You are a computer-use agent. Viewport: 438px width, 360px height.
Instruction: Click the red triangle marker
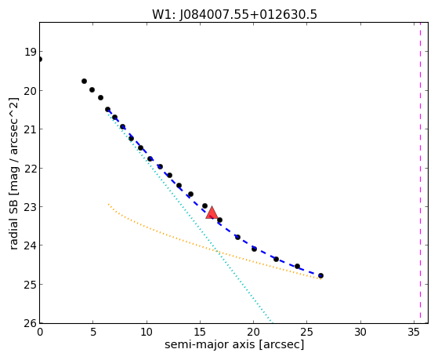point(212,213)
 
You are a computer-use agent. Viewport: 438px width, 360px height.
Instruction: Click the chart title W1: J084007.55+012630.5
point(234,14)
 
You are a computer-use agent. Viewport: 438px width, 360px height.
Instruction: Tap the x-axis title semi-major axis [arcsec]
point(234,344)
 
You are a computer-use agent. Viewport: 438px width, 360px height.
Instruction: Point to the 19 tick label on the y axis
point(31,52)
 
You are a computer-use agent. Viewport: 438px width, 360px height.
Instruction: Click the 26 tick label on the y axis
point(31,324)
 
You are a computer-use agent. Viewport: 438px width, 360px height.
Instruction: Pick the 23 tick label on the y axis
point(31,207)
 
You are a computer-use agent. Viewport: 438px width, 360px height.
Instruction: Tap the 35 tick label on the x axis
point(414,333)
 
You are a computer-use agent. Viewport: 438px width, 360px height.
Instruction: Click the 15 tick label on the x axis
point(200,333)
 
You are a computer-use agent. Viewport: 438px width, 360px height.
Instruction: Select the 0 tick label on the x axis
point(40,333)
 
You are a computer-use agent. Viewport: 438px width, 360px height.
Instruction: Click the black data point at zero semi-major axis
point(40,60)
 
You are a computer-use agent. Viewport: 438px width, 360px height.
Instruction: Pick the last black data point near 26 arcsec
point(320,275)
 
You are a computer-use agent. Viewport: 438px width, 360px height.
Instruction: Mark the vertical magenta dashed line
point(420,173)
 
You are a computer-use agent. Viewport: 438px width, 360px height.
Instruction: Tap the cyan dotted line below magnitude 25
point(257,304)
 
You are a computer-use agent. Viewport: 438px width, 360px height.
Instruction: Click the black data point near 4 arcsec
point(84,81)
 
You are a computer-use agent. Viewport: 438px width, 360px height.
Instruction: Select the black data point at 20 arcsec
point(254,249)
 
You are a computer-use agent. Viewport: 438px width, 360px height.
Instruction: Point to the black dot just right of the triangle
point(220,220)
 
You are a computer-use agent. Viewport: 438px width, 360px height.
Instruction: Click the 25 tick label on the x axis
point(306,333)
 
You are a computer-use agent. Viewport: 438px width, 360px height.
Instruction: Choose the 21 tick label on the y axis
point(31,129)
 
